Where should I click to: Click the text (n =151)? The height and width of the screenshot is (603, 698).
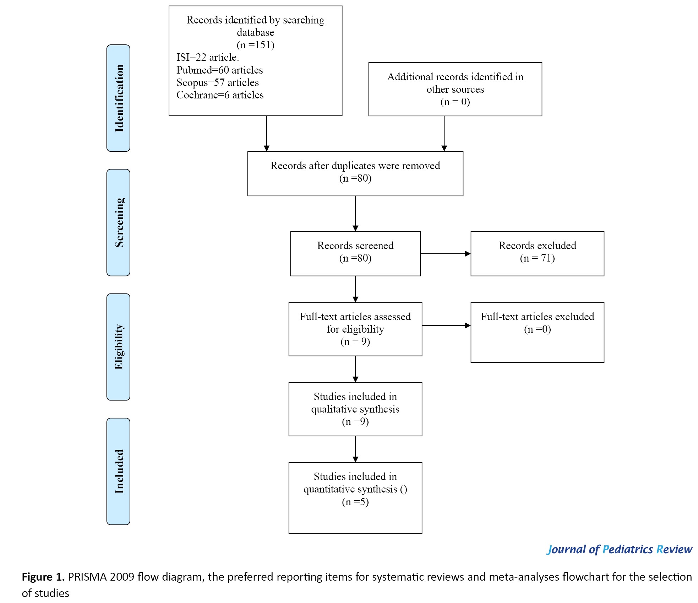click(x=255, y=45)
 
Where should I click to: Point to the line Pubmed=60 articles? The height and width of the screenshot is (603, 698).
click(x=219, y=70)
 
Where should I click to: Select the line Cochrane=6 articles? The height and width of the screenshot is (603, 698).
click(x=220, y=95)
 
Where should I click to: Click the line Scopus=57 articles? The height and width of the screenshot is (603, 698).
click(x=217, y=82)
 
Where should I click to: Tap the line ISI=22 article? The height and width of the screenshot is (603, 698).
click(x=208, y=57)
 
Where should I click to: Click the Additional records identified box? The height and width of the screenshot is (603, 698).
click(x=455, y=89)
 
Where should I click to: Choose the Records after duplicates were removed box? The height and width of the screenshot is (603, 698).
click(x=355, y=174)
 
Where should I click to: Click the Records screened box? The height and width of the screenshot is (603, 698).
click(x=355, y=254)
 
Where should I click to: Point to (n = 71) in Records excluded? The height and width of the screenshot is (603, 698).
click(x=537, y=258)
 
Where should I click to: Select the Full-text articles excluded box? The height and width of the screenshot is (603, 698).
click(x=537, y=332)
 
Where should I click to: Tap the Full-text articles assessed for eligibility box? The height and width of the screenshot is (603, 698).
click(x=355, y=329)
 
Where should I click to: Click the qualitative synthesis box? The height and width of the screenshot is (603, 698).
click(x=355, y=409)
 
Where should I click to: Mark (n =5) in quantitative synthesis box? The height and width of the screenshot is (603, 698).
click(x=355, y=502)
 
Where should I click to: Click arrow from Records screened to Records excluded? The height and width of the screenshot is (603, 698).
click(x=446, y=254)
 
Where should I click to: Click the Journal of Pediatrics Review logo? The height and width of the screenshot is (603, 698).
click(x=620, y=550)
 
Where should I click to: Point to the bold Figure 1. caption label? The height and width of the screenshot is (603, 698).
click(x=43, y=577)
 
